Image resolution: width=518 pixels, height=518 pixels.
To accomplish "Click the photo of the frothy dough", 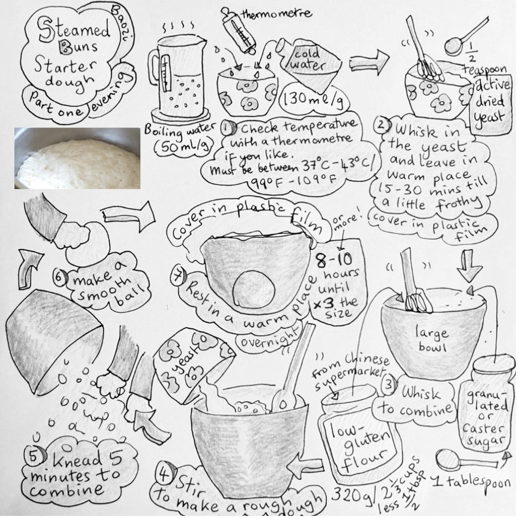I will pos(77,158).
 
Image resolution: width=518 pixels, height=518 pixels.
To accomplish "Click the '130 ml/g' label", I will pos(307,97).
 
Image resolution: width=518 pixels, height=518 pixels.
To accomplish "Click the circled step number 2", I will pos(381,125).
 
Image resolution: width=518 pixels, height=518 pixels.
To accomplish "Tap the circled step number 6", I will pos(61,277).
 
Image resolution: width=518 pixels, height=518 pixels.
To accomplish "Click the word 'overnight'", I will pos(269,338).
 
